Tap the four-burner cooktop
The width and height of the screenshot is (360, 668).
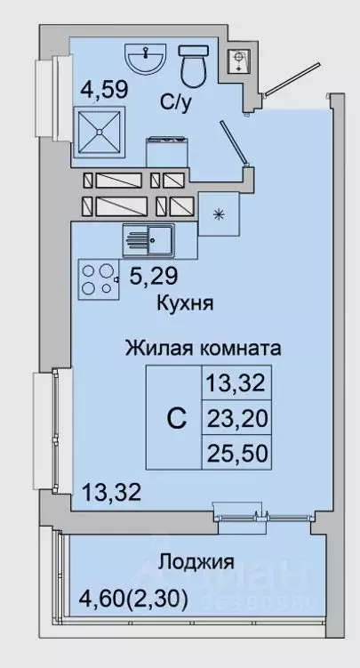point(100,278)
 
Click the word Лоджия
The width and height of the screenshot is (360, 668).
point(196,562)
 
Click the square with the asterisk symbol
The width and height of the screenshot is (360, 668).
point(218,214)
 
